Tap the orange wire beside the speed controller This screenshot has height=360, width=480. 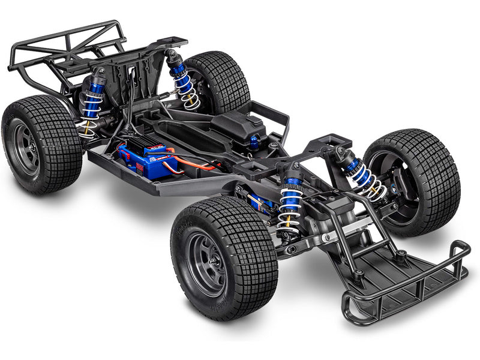point(198,165)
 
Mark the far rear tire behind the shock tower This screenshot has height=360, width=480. point(219,81)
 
